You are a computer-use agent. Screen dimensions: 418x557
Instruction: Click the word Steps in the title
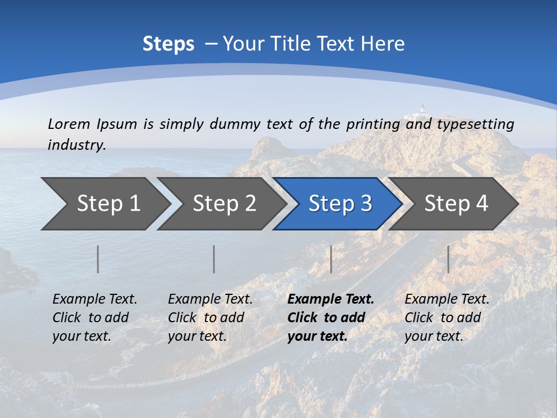168,44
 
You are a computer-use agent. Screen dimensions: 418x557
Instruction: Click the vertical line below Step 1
97,259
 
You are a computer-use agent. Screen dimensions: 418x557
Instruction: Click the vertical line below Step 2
214,259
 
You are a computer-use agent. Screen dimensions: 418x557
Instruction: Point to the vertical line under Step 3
331,259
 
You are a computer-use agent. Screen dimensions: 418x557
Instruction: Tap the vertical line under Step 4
448,259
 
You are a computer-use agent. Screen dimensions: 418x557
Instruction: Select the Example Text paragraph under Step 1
95,318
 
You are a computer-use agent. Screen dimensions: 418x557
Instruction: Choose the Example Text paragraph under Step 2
210,318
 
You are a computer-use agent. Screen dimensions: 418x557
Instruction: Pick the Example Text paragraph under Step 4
447,318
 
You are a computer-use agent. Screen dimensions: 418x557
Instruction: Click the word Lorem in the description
68,124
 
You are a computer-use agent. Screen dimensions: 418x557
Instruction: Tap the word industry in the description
77,145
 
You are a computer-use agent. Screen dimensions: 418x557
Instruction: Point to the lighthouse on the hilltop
422,109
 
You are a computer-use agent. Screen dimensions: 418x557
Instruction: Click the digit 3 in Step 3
366,203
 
